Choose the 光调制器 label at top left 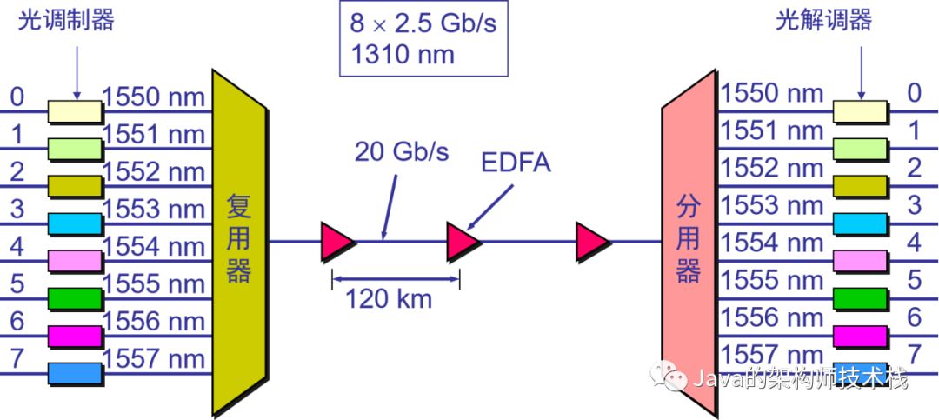click(66, 21)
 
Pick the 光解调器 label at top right click(823, 21)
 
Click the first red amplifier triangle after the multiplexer click(337, 241)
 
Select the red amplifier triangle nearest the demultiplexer click(593, 241)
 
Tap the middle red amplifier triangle click(463, 241)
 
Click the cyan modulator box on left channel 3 click(75, 223)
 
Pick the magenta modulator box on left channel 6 click(75, 336)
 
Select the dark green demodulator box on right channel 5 click(860, 297)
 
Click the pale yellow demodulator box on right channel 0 click(860, 110)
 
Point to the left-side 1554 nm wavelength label click(154, 246)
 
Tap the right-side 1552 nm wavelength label click(772, 167)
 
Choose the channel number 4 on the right click(914, 243)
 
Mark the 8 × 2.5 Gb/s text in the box click(423, 23)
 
